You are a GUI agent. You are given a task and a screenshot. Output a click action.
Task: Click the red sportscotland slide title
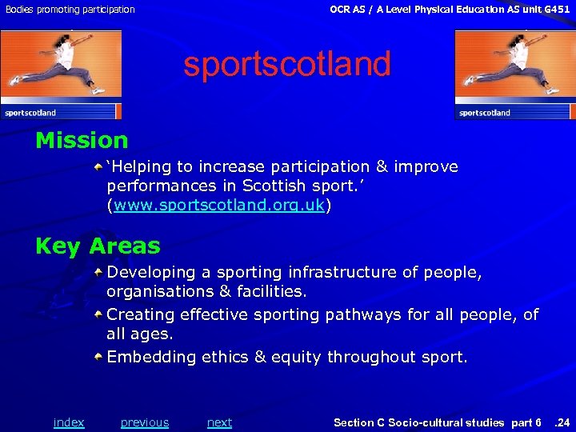(287, 64)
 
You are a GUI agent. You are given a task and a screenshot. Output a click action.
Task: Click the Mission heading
(82, 141)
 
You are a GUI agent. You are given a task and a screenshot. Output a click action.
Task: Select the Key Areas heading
(98, 246)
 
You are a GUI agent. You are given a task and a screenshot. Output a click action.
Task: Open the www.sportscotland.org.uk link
(219, 206)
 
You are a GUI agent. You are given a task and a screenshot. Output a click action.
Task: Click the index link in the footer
(69, 422)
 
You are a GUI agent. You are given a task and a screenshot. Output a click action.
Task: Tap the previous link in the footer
(145, 422)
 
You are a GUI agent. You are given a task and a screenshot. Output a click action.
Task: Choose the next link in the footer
(219, 422)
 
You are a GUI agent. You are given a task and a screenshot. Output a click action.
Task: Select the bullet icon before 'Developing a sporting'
(98, 272)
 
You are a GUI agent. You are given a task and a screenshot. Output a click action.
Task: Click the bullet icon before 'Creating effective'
(98, 314)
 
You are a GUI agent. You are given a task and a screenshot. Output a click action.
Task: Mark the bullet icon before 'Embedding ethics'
(98, 356)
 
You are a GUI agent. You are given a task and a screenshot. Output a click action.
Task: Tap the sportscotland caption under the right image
(484, 113)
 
